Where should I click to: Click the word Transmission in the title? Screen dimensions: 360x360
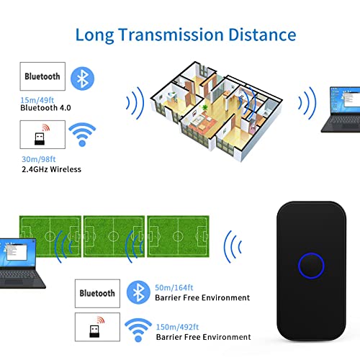click(x=171, y=35)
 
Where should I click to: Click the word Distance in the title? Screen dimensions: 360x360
click(x=262, y=35)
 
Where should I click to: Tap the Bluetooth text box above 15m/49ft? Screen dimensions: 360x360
click(x=42, y=76)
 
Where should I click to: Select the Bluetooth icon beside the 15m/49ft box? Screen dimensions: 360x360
click(x=82, y=78)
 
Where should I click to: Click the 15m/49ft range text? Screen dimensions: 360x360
click(x=37, y=100)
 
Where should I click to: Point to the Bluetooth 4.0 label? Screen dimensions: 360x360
click(x=45, y=108)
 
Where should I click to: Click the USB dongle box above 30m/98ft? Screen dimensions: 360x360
click(x=42, y=135)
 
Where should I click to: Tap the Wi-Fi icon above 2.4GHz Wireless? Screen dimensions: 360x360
click(x=82, y=135)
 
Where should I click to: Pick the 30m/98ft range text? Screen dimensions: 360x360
click(x=39, y=159)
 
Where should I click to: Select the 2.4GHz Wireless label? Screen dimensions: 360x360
click(x=51, y=169)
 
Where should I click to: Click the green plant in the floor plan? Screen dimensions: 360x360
click(x=204, y=107)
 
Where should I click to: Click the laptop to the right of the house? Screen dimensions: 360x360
click(x=341, y=109)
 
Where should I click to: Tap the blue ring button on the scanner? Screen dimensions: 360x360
click(x=311, y=266)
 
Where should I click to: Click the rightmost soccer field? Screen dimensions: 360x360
click(x=178, y=236)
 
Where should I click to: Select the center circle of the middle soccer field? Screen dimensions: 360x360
click(x=114, y=236)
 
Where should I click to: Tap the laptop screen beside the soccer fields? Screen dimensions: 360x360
click(x=17, y=253)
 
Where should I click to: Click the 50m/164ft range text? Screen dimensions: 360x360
click(x=174, y=287)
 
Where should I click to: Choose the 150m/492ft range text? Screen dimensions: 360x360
click(x=177, y=327)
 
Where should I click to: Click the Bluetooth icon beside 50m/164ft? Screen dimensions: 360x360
click(x=138, y=292)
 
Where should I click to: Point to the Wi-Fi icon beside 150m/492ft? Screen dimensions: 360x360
click(x=138, y=330)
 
